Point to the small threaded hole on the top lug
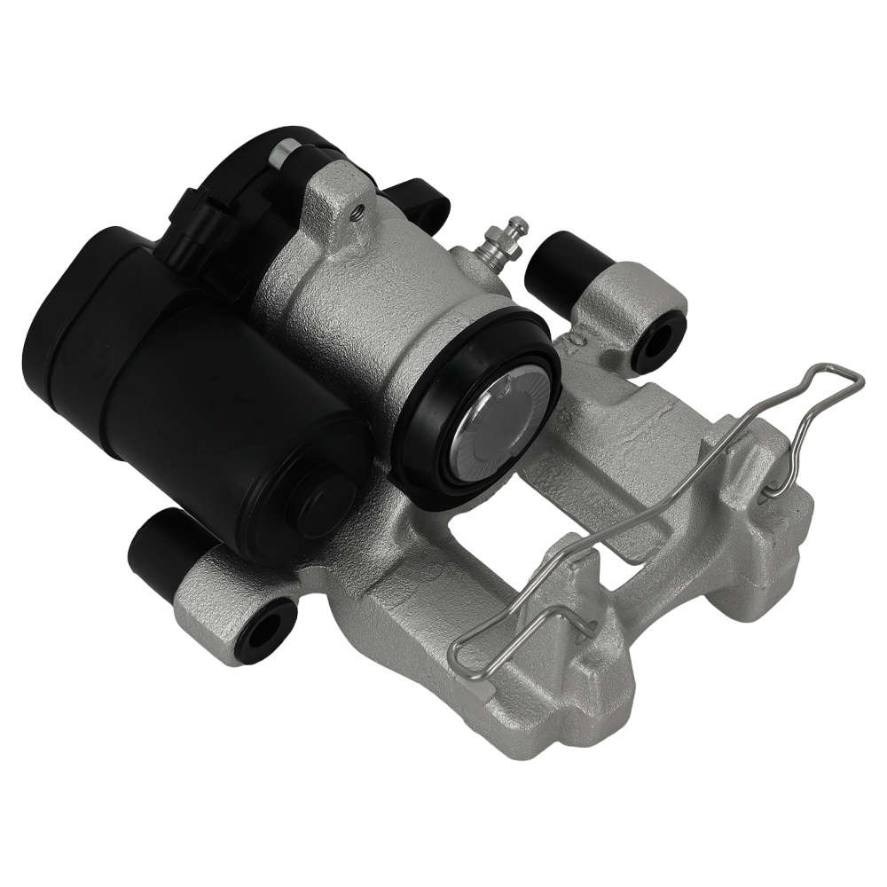[357, 210]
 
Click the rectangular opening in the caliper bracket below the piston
[483, 541]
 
